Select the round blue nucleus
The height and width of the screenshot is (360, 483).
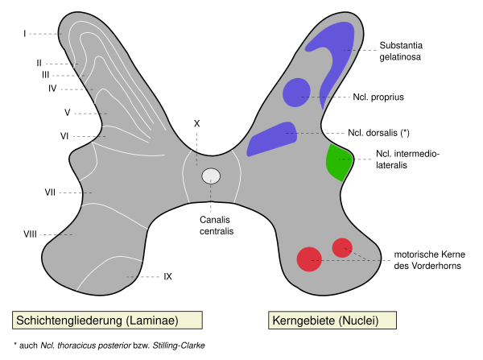295,92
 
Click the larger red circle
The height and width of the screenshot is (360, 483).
309,259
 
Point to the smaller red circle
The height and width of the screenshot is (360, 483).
342,247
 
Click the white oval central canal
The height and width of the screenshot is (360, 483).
211,176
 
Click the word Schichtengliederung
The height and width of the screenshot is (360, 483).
68,321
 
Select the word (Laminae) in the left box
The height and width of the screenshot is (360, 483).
152,321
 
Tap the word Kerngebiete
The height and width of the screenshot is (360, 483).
303,321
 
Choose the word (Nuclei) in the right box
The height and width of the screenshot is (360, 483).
359,321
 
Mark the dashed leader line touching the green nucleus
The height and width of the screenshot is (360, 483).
348,159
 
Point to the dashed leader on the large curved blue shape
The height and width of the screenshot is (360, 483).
352,50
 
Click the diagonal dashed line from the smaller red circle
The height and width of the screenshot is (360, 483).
361,255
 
